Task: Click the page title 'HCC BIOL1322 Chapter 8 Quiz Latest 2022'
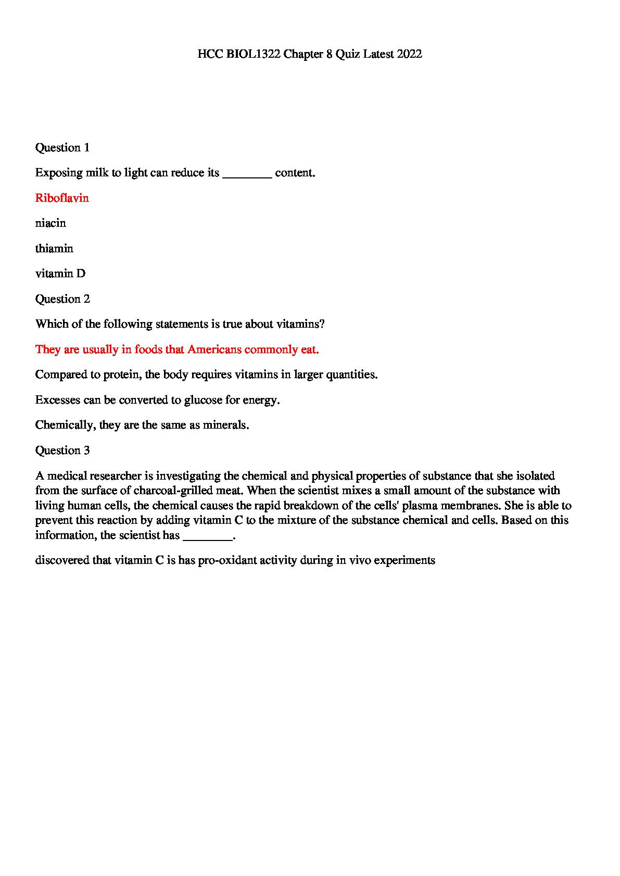click(x=310, y=54)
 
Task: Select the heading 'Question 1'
click(x=62, y=148)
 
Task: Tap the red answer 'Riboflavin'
click(x=62, y=198)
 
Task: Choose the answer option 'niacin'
click(x=50, y=223)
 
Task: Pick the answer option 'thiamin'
click(x=54, y=249)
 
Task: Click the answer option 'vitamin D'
click(x=60, y=274)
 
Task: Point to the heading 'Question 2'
click(x=62, y=299)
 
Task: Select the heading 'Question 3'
click(x=62, y=450)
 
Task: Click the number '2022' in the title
click(x=409, y=54)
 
